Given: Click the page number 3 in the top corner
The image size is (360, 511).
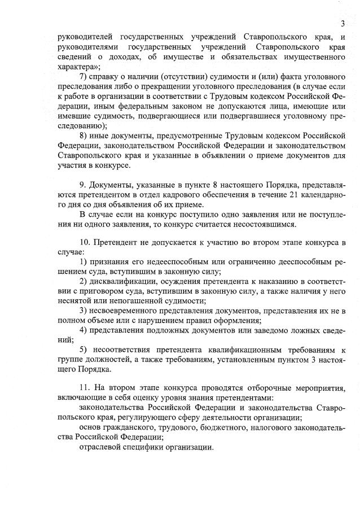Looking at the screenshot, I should pyautogui.click(x=343, y=23).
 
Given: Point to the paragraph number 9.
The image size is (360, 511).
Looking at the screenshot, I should pyautogui.click(x=83, y=185).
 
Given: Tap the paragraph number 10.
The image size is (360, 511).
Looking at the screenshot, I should pyautogui.click(x=85, y=242).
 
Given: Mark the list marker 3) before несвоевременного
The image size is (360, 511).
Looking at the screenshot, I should pyautogui.click(x=84, y=310).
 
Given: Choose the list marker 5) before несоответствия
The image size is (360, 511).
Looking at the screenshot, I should pyautogui.click(x=84, y=350).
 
